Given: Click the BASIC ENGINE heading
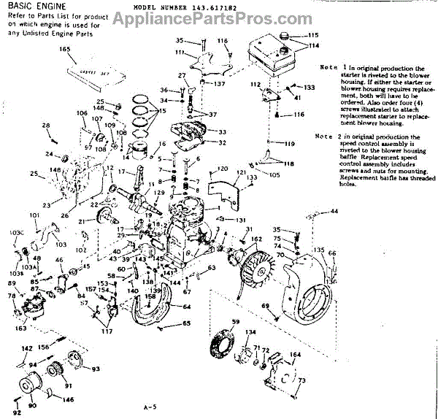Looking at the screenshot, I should pyautogui.click(x=36, y=6).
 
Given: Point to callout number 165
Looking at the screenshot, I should pyautogui.click(x=65, y=50).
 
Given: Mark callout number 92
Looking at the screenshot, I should pyautogui.click(x=16, y=412).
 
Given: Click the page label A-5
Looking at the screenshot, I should pyautogui.click(x=151, y=406).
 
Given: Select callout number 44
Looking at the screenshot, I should pyautogui.click(x=334, y=211).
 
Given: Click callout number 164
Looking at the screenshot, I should pyautogui.click(x=295, y=355).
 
